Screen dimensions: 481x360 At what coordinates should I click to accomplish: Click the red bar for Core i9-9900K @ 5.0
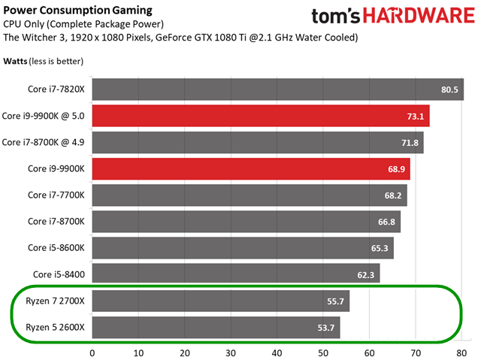[261, 116]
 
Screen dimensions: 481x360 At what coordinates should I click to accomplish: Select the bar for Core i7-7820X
[278, 89]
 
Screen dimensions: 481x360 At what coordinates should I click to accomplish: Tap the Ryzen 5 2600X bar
[216, 328]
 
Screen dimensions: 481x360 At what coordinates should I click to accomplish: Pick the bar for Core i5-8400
[236, 274]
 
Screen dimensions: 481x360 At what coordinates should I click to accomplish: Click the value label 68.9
[396, 169]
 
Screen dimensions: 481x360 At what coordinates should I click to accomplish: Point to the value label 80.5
[449, 89]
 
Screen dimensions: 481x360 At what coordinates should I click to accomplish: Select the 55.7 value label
[335, 301]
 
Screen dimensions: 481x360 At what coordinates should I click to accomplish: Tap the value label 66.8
[386, 222]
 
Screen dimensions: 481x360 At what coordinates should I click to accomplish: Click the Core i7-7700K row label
[56, 195]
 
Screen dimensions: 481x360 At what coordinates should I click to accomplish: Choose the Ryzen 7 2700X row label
[55, 301]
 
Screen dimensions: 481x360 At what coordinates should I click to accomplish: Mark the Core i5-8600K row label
[56, 248]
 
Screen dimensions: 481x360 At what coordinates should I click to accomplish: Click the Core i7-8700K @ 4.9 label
[43, 142]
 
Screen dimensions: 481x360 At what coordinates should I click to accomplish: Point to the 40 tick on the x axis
[277, 353]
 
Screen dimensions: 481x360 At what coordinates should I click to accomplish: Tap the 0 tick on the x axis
[92, 353]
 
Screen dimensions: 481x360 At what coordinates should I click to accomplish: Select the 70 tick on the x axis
[416, 353]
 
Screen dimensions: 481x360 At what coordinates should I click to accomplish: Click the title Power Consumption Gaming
[77, 11]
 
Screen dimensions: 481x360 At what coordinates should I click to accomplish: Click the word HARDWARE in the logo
[419, 15]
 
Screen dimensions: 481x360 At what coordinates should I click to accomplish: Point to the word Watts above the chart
[15, 61]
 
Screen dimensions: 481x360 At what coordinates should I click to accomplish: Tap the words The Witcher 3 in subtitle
[35, 38]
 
